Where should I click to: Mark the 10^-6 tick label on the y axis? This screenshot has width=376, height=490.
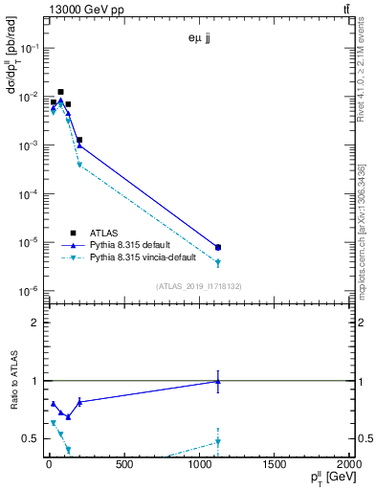click(27, 291)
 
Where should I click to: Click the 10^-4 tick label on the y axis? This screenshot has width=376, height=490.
click(27, 194)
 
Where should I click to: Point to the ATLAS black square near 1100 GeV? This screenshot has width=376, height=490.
click(218, 247)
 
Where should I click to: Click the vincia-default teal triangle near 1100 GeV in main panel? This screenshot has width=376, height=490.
click(218, 262)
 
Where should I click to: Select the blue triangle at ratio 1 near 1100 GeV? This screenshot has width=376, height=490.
click(218, 381)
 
